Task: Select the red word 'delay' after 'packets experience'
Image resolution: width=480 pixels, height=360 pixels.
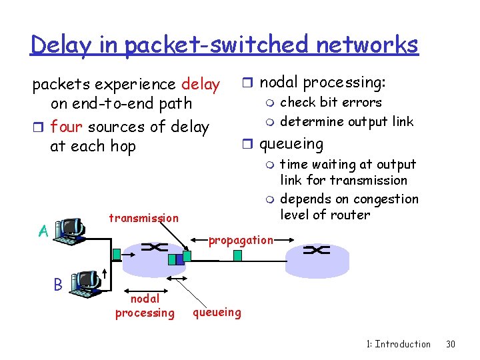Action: point(200,84)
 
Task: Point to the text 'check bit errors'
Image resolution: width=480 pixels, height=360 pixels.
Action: point(331,102)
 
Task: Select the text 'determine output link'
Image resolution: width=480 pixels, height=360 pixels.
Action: point(347,121)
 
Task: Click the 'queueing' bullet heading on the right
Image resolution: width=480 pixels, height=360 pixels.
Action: point(291,143)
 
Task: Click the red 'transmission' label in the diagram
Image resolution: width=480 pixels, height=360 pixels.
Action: point(143,218)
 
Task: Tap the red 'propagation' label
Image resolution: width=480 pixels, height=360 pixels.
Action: point(241,240)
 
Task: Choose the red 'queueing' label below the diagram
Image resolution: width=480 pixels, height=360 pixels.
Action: point(217,311)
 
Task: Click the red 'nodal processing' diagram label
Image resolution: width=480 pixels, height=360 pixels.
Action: point(145,306)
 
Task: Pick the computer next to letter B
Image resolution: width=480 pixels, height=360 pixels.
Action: point(85,283)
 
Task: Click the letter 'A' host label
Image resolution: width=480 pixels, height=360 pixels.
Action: point(43,231)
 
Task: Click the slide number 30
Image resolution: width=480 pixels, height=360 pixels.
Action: point(451,344)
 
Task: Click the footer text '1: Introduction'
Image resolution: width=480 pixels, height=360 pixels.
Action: point(398,344)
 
